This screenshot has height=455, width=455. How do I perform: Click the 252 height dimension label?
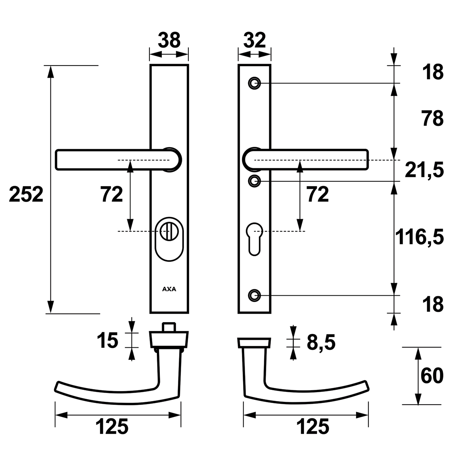pyautogui.click(x=26, y=195)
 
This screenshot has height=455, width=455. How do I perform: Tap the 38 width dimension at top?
pyautogui.click(x=169, y=40)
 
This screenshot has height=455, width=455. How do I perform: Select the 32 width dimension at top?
pyautogui.click(x=255, y=40)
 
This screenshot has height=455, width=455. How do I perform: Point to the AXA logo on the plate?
pyautogui.click(x=169, y=289)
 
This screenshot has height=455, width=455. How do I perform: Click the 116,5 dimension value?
pyautogui.click(x=420, y=237)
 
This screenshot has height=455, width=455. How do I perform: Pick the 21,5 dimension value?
pyautogui.click(x=424, y=170)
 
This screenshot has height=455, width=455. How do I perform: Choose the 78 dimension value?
pyautogui.click(x=433, y=118)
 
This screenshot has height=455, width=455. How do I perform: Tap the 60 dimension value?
pyautogui.click(x=432, y=376)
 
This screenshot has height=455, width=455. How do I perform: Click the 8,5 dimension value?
pyautogui.click(x=321, y=343)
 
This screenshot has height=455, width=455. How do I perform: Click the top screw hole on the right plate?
pyautogui.click(x=255, y=83)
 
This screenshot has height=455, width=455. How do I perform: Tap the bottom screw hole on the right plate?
pyautogui.click(x=255, y=295)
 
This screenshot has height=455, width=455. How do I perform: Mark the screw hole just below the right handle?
pyautogui.click(x=255, y=181)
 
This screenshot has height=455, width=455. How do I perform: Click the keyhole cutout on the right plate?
pyautogui.click(x=255, y=239)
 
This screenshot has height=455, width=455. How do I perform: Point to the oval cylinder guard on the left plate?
pyautogui.click(x=169, y=239)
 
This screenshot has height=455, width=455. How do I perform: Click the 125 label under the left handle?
pyautogui.click(x=112, y=426)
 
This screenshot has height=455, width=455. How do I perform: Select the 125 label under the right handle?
pyautogui.click(x=312, y=426)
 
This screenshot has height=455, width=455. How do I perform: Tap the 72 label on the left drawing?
pyautogui.click(x=112, y=195)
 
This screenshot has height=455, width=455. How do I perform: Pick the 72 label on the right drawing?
pyautogui.click(x=318, y=195)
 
